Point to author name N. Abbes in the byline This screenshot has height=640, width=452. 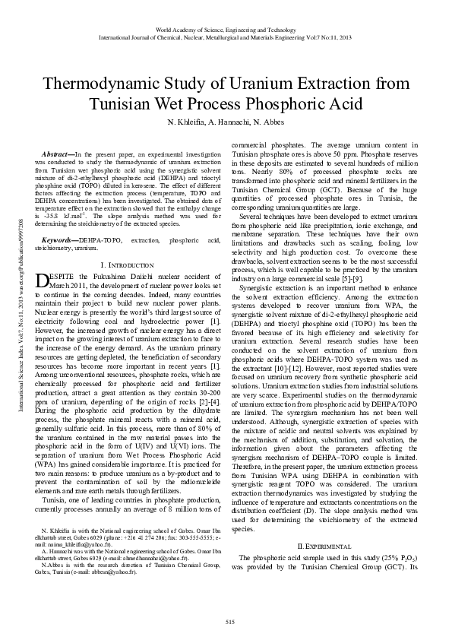click(268, 122)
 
